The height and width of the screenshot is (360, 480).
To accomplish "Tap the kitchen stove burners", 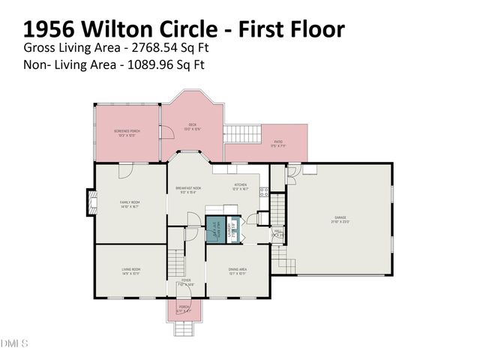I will (262, 192).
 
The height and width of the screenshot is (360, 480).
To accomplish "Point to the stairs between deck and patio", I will (241, 134).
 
